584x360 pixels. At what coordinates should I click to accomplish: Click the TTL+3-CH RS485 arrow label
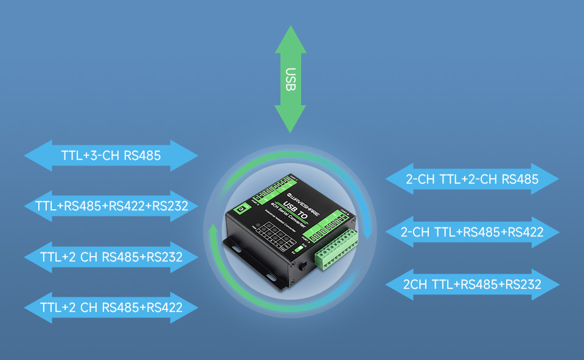111,156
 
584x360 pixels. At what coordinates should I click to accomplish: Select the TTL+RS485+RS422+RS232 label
111,206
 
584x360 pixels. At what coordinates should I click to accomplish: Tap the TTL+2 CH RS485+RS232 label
111,257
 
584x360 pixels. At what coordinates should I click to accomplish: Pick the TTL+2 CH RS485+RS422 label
111,307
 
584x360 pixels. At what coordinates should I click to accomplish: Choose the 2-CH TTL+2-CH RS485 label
472,179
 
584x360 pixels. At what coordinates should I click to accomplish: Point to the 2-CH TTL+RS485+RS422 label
472,232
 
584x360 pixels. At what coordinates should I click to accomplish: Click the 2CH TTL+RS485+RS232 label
472,284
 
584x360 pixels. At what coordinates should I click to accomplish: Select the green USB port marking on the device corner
241,209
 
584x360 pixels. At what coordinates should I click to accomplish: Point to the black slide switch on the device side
304,266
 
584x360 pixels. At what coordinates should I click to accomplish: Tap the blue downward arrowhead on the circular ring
367,233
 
